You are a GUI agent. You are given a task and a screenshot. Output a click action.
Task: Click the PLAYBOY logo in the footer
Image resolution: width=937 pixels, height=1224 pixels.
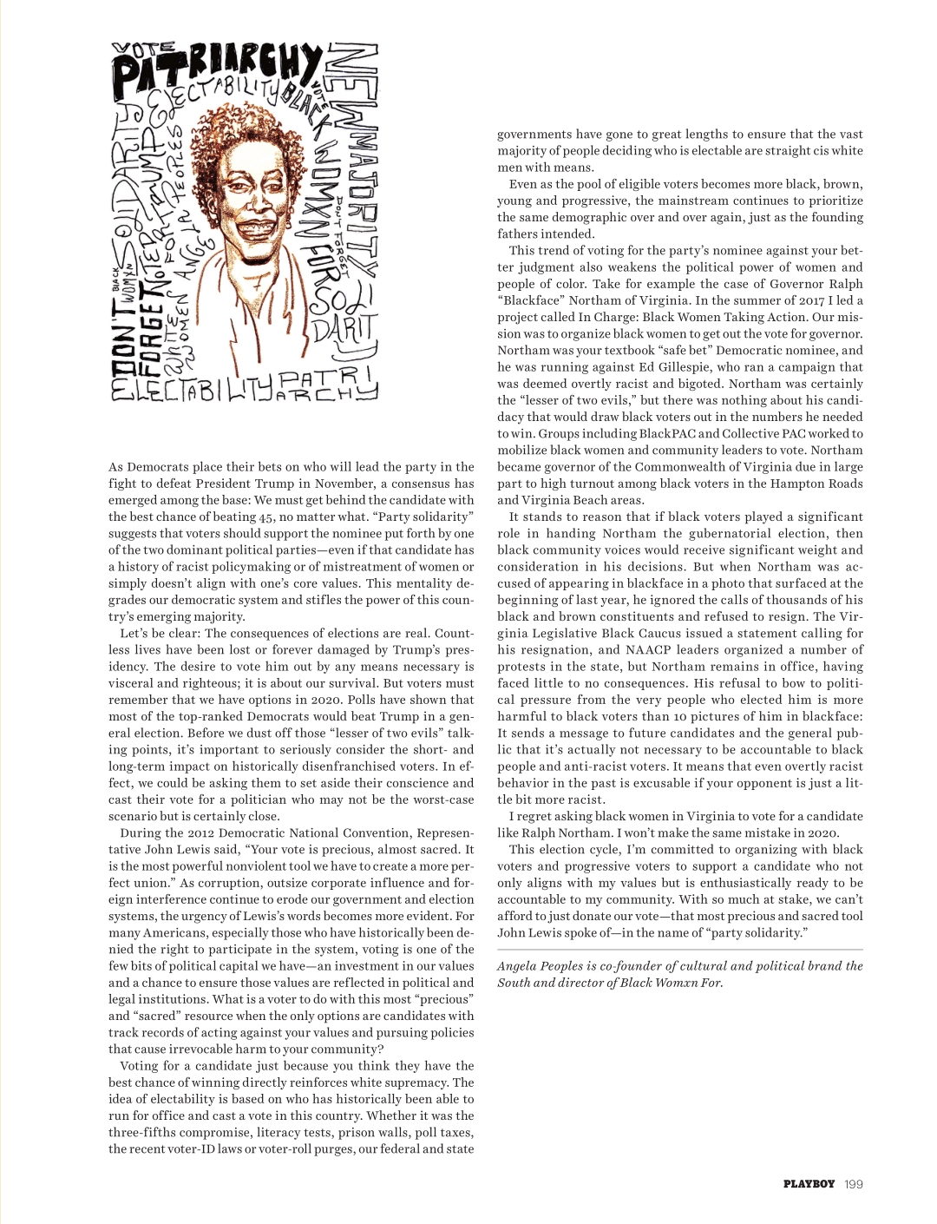[809, 1183]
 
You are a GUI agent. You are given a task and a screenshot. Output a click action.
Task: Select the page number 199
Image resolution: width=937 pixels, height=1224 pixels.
[854, 1183]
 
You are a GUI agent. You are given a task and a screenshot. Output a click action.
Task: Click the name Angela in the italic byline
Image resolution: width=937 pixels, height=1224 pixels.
[518, 966]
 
